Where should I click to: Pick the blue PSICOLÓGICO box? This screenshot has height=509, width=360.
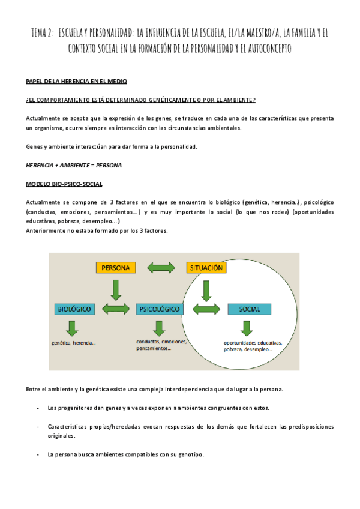point(159,309)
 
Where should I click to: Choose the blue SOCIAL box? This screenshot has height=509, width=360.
point(249,309)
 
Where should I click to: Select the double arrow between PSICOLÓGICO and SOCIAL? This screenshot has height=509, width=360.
point(205,309)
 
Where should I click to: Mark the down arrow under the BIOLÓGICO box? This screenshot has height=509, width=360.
point(73,328)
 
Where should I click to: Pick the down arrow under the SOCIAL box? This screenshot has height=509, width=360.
point(246,328)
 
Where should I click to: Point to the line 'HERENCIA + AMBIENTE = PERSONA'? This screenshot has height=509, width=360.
point(74,164)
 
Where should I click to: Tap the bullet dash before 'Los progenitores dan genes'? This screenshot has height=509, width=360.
point(38,408)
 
